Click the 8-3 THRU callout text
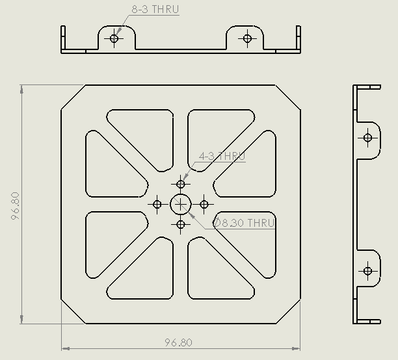(x=155, y=10)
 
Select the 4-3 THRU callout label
(x=222, y=157)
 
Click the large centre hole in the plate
(x=181, y=205)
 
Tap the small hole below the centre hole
(x=181, y=225)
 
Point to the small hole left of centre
(x=157, y=205)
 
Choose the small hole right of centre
(x=204, y=205)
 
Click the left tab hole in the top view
(x=114, y=38)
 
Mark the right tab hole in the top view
(x=246, y=38)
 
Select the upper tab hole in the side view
(x=367, y=138)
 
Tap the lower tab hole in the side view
(x=367, y=270)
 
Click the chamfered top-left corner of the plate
(x=73, y=97)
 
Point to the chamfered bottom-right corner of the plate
(x=288, y=311)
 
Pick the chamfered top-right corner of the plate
(x=288, y=97)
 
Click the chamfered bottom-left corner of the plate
(x=73, y=311)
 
